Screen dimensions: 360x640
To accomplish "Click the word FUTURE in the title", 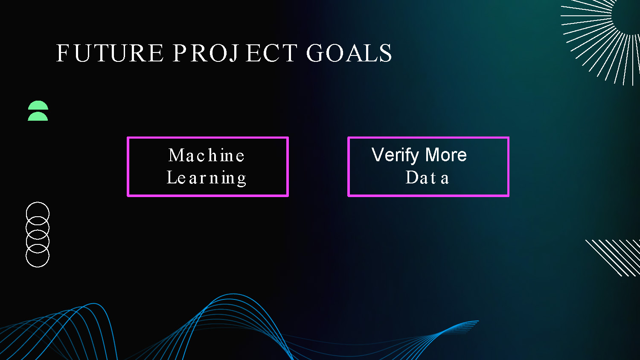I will click(x=110, y=53).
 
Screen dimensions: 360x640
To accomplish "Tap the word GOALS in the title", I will click(x=349, y=53).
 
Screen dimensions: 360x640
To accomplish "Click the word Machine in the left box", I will click(x=207, y=155).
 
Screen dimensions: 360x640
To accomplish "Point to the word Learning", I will click(x=207, y=178).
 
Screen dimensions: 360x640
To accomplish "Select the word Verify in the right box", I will click(x=395, y=155).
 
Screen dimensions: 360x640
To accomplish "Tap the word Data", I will click(x=427, y=177).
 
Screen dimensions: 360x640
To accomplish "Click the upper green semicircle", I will click(x=38, y=105).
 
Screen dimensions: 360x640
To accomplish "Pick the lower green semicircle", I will click(x=38, y=116).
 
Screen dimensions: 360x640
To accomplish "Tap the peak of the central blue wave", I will click(x=233, y=295).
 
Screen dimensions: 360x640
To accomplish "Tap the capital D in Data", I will click(x=412, y=177).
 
